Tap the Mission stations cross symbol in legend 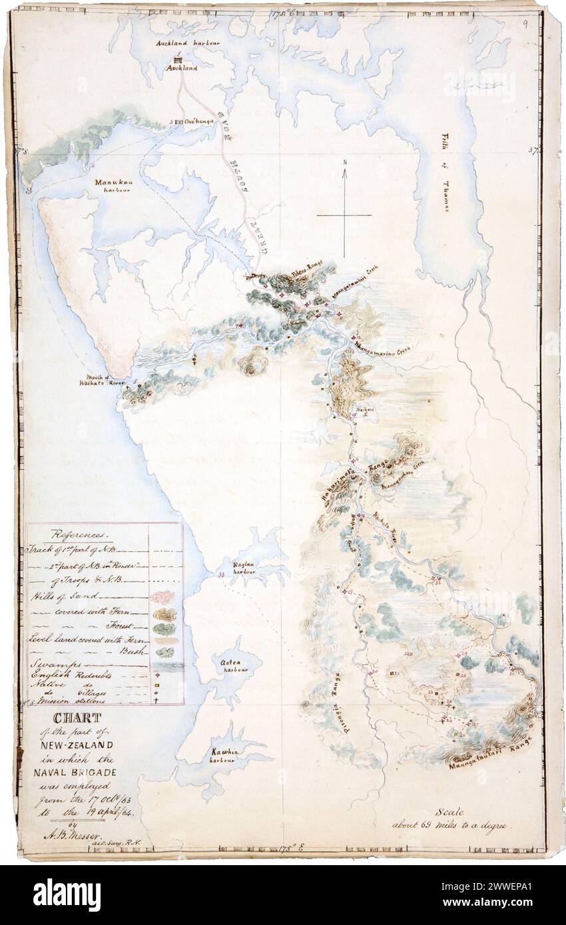pos(162,699)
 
